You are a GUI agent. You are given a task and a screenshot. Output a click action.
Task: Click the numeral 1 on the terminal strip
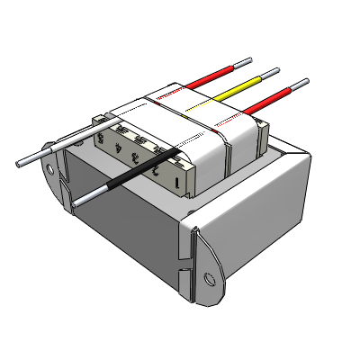(177, 181)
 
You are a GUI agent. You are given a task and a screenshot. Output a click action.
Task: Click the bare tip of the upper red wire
(241, 63)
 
